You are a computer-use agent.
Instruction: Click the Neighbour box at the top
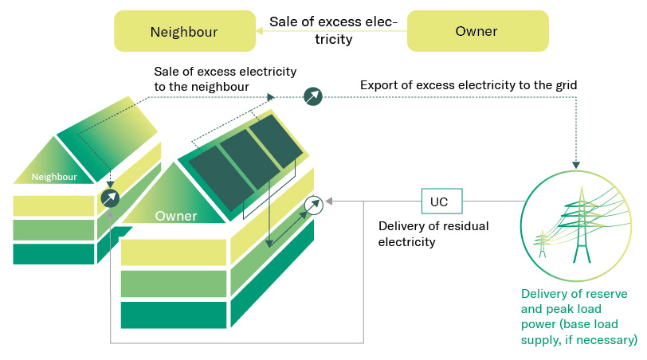pyautogui.click(x=184, y=32)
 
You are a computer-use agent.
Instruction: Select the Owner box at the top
pyautogui.click(x=476, y=32)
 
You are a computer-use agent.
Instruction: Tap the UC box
pyautogui.click(x=439, y=202)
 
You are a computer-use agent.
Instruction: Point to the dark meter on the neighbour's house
pyautogui.click(x=110, y=198)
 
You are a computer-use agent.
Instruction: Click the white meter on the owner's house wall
pyautogui.click(x=315, y=205)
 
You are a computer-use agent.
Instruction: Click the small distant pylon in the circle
pyautogui.click(x=543, y=242)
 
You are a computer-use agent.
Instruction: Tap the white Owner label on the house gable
pyautogui.click(x=176, y=216)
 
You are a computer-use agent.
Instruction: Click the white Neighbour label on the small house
pyautogui.click(x=53, y=177)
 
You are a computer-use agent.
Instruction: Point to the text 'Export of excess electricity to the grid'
pyautogui.click(x=469, y=84)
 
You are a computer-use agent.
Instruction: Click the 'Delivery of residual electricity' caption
pyautogui.click(x=433, y=233)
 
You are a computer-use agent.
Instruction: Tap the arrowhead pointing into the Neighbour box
pyautogui.click(x=260, y=32)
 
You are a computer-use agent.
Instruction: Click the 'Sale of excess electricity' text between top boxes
pyautogui.click(x=332, y=29)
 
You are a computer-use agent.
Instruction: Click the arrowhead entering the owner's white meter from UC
pyautogui.click(x=329, y=202)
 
